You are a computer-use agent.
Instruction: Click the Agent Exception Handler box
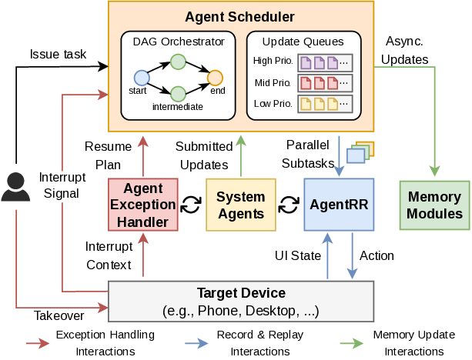[143, 205]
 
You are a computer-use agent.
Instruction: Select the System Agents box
[240, 205]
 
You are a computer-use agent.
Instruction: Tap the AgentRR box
[339, 205]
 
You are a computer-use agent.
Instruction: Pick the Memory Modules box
[434, 205]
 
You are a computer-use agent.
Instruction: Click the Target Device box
[241, 301]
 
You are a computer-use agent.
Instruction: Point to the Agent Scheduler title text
[240, 16]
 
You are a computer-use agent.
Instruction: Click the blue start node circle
[141, 77]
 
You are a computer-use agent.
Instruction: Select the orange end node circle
[215, 77]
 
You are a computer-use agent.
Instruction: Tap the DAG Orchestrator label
[178, 42]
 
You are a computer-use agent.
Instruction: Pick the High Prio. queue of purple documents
[325, 62]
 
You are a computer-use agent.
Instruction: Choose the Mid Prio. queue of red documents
[325, 82]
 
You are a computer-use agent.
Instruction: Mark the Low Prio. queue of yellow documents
[325, 103]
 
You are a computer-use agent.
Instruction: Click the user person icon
[15, 187]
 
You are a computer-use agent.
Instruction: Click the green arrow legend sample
[351, 344]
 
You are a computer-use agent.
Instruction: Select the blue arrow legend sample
[196, 344]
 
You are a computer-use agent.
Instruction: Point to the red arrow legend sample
[38, 344]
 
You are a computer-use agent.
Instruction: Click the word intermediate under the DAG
[178, 107]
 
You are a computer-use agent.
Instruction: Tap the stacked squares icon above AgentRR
[360, 152]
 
